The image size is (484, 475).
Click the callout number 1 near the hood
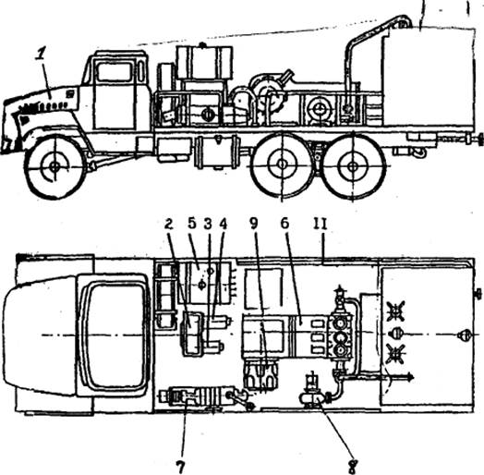pyautogui.click(x=40, y=55)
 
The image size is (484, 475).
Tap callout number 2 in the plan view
pyautogui.click(x=168, y=225)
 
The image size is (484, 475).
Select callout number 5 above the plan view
pyautogui.click(x=192, y=224)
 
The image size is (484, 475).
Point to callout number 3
pyautogui.click(x=208, y=225)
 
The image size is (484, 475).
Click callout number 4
pyautogui.click(x=223, y=225)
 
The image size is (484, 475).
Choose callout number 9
pyautogui.click(x=254, y=225)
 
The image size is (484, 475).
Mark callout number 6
pyautogui.click(x=284, y=224)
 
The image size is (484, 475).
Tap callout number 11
pyautogui.click(x=321, y=224)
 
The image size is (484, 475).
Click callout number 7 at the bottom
pyautogui.click(x=180, y=467)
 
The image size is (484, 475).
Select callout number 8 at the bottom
pyautogui.click(x=354, y=467)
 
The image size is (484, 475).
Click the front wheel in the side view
pyautogui.click(x=54, y=167)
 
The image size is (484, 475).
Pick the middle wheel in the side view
pyautogui.click(x=282, y=164)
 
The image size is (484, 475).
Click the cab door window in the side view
pyautogui.click(x=115, y=72)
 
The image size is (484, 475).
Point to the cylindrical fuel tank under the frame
pyautogui.click(x=217, y=152)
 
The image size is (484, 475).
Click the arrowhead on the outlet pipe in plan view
pyautogui.click(x=410, y=376)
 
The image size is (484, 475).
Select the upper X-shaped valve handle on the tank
pyautogui.click(x=395, y=311)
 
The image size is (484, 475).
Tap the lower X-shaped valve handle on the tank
pyautogui.click(x=395, y=354)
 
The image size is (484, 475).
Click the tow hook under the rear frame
pyautogui.click(x=419, y=152)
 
